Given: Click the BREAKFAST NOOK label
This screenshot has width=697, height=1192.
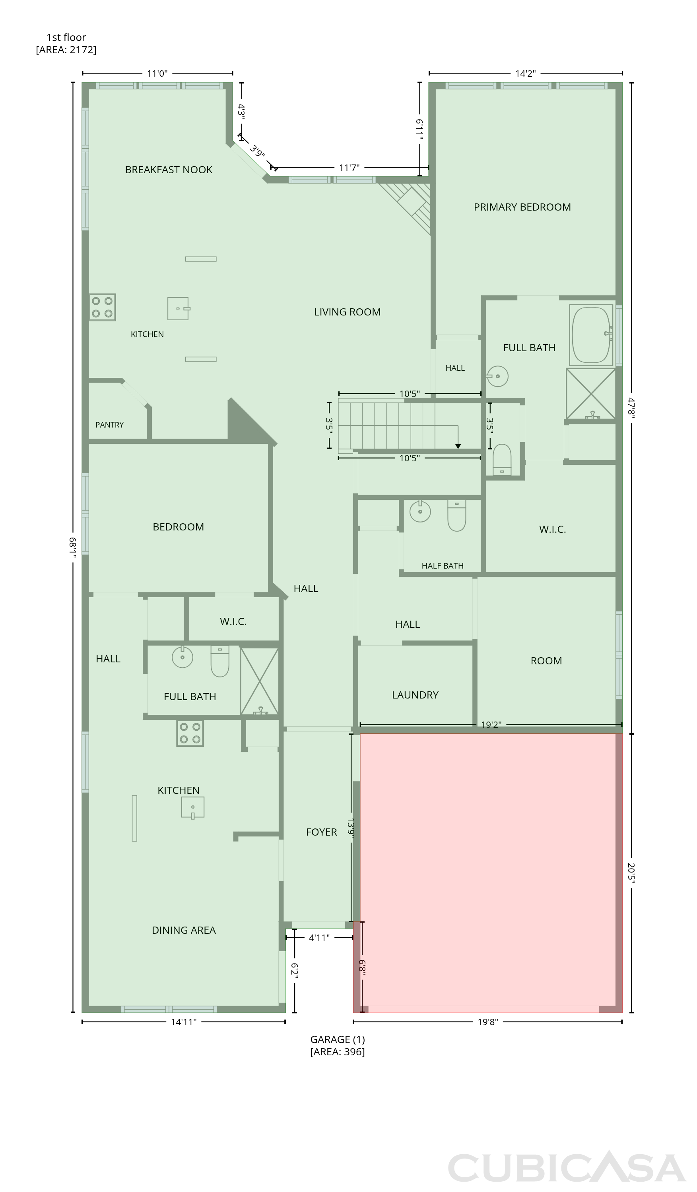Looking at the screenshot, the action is pos(169,170).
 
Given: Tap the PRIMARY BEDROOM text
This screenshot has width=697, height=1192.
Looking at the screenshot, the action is pos(522,207).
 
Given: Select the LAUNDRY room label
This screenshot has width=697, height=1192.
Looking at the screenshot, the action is pos(415,695).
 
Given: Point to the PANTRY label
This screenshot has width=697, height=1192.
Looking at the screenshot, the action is pos(109,425).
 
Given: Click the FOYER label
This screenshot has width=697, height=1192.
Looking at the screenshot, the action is pos(321,832).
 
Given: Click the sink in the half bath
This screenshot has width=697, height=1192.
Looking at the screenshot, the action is pos(420,511).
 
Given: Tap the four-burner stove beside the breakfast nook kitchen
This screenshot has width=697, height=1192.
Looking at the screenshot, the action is pos(103,308).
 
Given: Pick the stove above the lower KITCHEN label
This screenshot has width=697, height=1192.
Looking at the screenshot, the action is pos(190,733).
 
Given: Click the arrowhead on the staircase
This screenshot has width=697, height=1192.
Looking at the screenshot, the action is pos(458,447).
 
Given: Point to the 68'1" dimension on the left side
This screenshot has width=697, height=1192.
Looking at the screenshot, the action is pos(73,547).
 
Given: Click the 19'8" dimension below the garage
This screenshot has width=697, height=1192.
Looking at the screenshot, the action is pos(487,1022).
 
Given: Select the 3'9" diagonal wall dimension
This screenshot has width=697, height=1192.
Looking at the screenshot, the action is pos(257,151).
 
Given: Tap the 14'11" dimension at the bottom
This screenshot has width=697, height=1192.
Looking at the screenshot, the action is pos(184,1022).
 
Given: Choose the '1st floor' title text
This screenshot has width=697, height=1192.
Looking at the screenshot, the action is pos(66,37).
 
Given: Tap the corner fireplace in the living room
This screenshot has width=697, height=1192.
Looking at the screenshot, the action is pos(411,203).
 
